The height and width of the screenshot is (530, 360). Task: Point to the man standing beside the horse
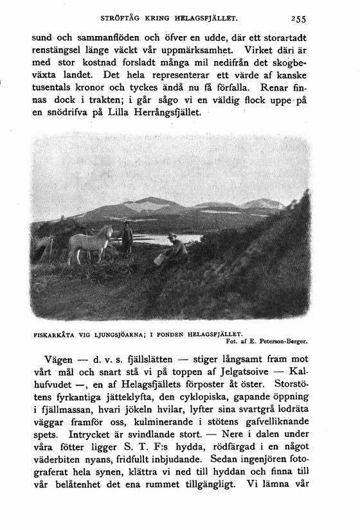click(127, 236)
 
